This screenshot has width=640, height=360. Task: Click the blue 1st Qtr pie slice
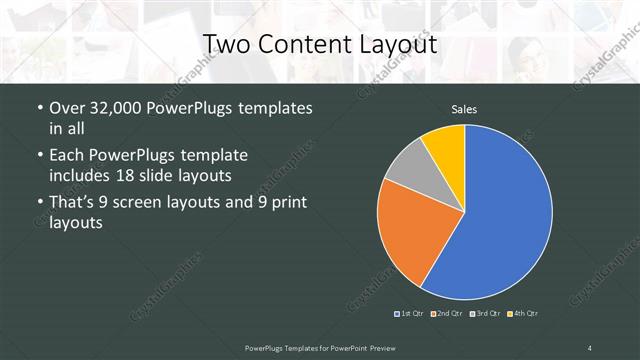(x=505, y=210)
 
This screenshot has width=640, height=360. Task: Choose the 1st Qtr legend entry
(x=411, y=313)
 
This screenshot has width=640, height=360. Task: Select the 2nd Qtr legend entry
(x=447, y=313)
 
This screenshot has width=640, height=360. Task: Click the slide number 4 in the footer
(x=590, y=347)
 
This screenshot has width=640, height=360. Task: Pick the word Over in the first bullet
(x=66, y=109)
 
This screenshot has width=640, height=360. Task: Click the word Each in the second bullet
(x=66, y=156)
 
